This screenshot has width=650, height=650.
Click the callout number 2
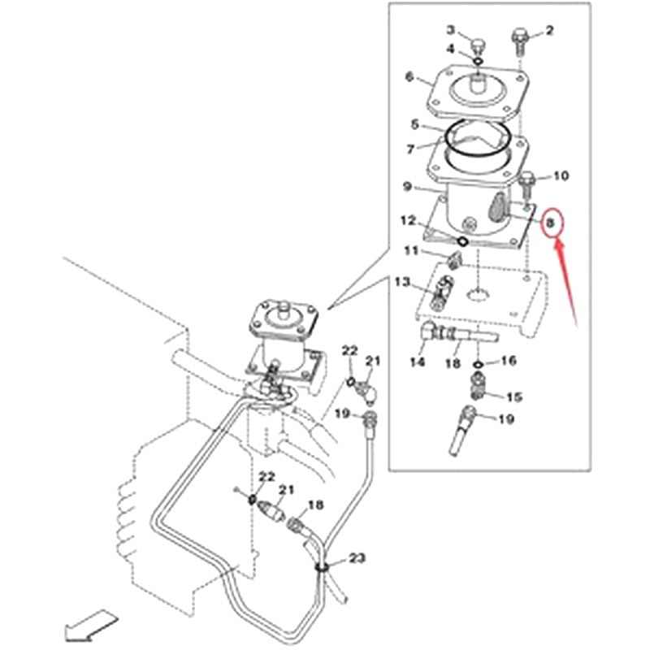click(x=549, y=31)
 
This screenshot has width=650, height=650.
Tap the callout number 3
click(x=449, y=30)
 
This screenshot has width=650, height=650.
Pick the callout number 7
click(x=410, y=149)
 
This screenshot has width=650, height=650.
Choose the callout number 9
click(x=408, y=187)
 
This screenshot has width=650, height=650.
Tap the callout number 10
click(x=561, y=175)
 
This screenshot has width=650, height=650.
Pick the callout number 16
click(x=509, y=361)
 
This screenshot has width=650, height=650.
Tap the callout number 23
click(x=357, y=558)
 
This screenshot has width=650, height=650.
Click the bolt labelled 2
click(x=518, y=37)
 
